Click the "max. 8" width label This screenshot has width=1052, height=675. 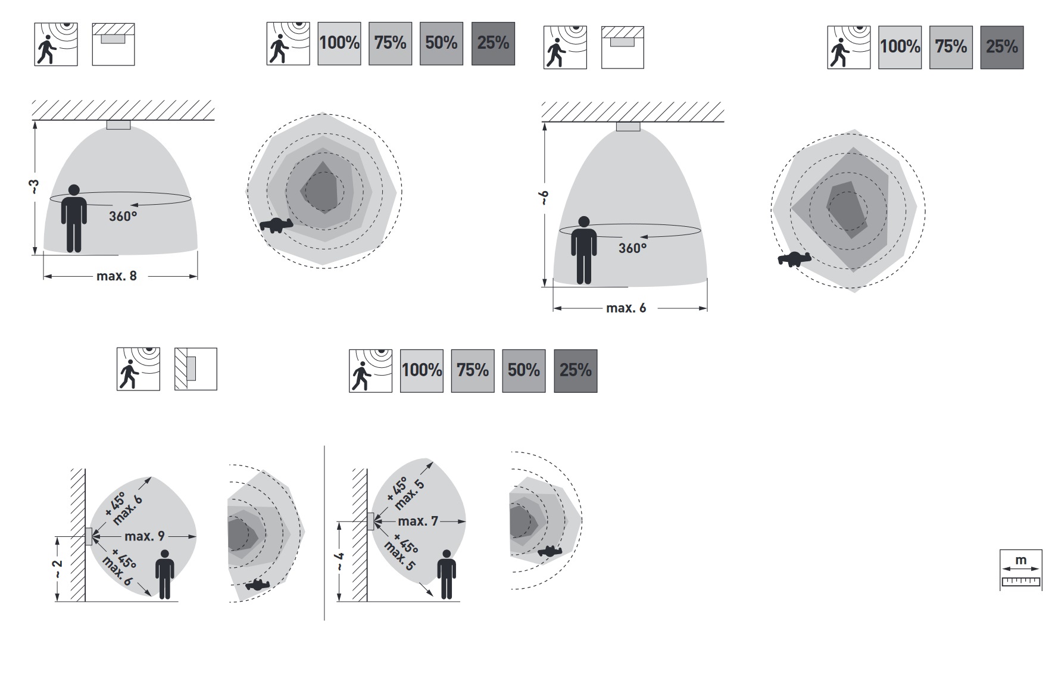[117, 276]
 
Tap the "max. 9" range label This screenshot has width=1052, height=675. [145, 536]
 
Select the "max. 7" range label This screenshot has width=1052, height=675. [418, 521]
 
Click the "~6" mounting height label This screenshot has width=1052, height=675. [544, 199]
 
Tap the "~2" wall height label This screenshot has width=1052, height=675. [57, 568]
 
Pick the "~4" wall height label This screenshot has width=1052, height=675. [338, 562]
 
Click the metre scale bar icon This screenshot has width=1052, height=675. [1020, 570]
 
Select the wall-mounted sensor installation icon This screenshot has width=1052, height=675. [196, 369]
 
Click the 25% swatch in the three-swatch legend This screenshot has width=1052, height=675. [1002, 47]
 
